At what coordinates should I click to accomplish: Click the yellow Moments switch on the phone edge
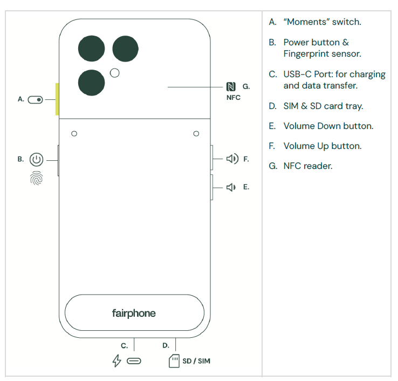(x=57, y=99)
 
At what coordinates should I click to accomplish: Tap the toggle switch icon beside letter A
(x=35, y=100)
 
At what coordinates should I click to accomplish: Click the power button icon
(x=36, y=160)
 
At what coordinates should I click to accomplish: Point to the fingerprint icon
(x=36, y=178)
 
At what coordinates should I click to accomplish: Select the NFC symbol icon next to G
(x=231, y=86)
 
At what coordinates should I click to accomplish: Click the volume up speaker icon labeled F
(x=232, y=159)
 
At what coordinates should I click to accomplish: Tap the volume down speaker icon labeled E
(x=231, y=187)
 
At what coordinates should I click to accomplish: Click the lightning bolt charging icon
(x=116, y=360)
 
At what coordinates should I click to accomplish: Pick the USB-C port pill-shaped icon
(x=134, y=361)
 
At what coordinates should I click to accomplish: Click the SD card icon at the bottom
(x=174, y=361)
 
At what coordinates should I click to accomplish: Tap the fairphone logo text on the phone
(x=134, y=314)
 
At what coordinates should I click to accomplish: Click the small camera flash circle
(x=115, y=73)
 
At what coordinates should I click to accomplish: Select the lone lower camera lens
(x=91, y=83)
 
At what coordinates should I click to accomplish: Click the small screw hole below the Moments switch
(x=74, y=134)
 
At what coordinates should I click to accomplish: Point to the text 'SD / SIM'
(x=196, y=361)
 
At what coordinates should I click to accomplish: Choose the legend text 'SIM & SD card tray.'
(x=324, y=106)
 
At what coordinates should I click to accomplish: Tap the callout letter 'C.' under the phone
(x=124, y=346)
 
